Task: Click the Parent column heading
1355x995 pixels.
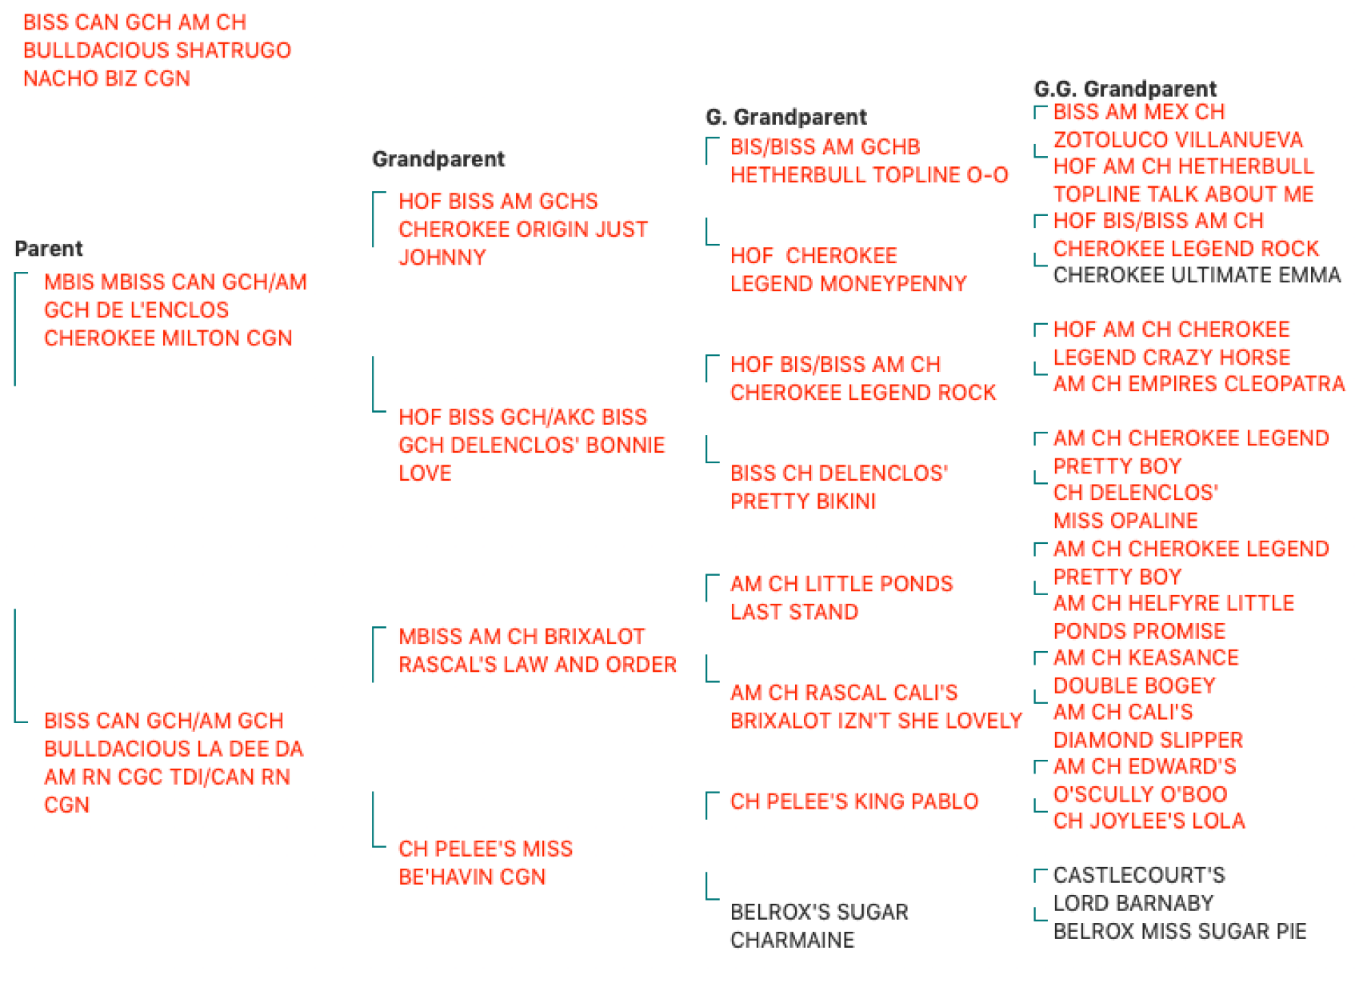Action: pos(48,249)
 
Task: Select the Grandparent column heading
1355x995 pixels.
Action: pos(438,159)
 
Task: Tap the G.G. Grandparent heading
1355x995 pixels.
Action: pos(1125,89)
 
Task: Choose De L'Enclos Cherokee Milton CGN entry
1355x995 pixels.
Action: pos(175,310)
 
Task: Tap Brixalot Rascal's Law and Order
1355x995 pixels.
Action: pos(538,651)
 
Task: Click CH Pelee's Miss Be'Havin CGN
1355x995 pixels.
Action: pos(486,863)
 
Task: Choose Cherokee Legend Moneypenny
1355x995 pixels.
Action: pos(848,270)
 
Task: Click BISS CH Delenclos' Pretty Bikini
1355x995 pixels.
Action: pos(839,488)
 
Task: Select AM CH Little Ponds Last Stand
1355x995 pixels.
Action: pos(841,598)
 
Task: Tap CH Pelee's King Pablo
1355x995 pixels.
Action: pos(854,801)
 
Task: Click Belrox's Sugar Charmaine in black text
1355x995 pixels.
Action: pos(819,926)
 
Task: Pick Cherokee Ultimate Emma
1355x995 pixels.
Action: pos(1197,275)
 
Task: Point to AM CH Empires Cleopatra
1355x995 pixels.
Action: pos(1199,384)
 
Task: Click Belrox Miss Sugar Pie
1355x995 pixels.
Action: pos(1180,932)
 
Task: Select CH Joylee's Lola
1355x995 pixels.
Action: pos(1149,821)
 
